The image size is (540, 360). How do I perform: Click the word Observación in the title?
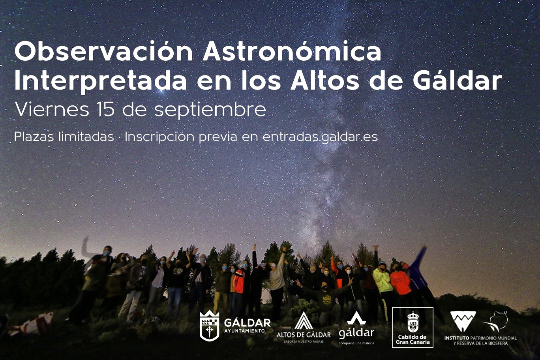click(x=104, y=52)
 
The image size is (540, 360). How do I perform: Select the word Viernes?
click(x=52, y=110)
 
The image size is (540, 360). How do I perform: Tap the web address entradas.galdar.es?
click(x=320, y=137)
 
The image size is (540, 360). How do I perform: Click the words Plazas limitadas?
click(x=64, y=137)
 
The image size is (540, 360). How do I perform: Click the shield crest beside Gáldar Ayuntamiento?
click(x=209, y=326)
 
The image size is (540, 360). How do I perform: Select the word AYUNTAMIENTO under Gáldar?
click(x=244, y=330)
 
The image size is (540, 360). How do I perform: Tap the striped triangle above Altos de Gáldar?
click(x=304, y=321)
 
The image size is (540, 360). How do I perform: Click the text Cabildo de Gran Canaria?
click(x=413, y=339)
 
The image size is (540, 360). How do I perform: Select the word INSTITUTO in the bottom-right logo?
click(x=457, y=338)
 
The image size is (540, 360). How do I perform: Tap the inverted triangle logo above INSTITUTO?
click(x=463, y=321)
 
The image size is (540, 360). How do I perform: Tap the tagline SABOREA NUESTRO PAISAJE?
click(x=304, y=342)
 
